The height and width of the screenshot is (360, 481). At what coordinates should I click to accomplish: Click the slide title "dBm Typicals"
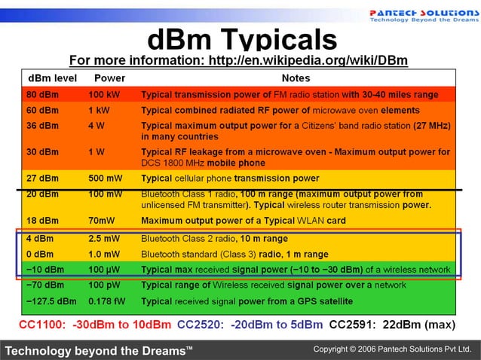[x=241, y=38]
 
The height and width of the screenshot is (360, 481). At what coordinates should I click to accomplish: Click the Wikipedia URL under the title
[x=238, y=60]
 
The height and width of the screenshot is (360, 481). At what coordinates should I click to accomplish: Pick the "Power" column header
[x=109, y=78]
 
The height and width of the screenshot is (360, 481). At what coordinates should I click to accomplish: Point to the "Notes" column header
[x=296, y=78]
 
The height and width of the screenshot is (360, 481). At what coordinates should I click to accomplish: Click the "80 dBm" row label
[x=43, y=95]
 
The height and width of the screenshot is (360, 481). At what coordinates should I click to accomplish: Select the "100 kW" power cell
[x=105, y=95]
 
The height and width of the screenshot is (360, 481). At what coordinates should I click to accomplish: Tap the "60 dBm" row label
[x=43, y=110]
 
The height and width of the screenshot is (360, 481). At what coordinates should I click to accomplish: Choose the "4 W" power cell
[x=97, y=125]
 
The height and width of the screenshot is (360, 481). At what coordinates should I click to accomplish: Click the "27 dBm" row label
[x=43, y=178]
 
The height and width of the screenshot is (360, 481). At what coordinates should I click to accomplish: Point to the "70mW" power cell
[x=102, y=221]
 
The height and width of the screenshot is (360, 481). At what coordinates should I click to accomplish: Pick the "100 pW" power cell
[x=105, y=285]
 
